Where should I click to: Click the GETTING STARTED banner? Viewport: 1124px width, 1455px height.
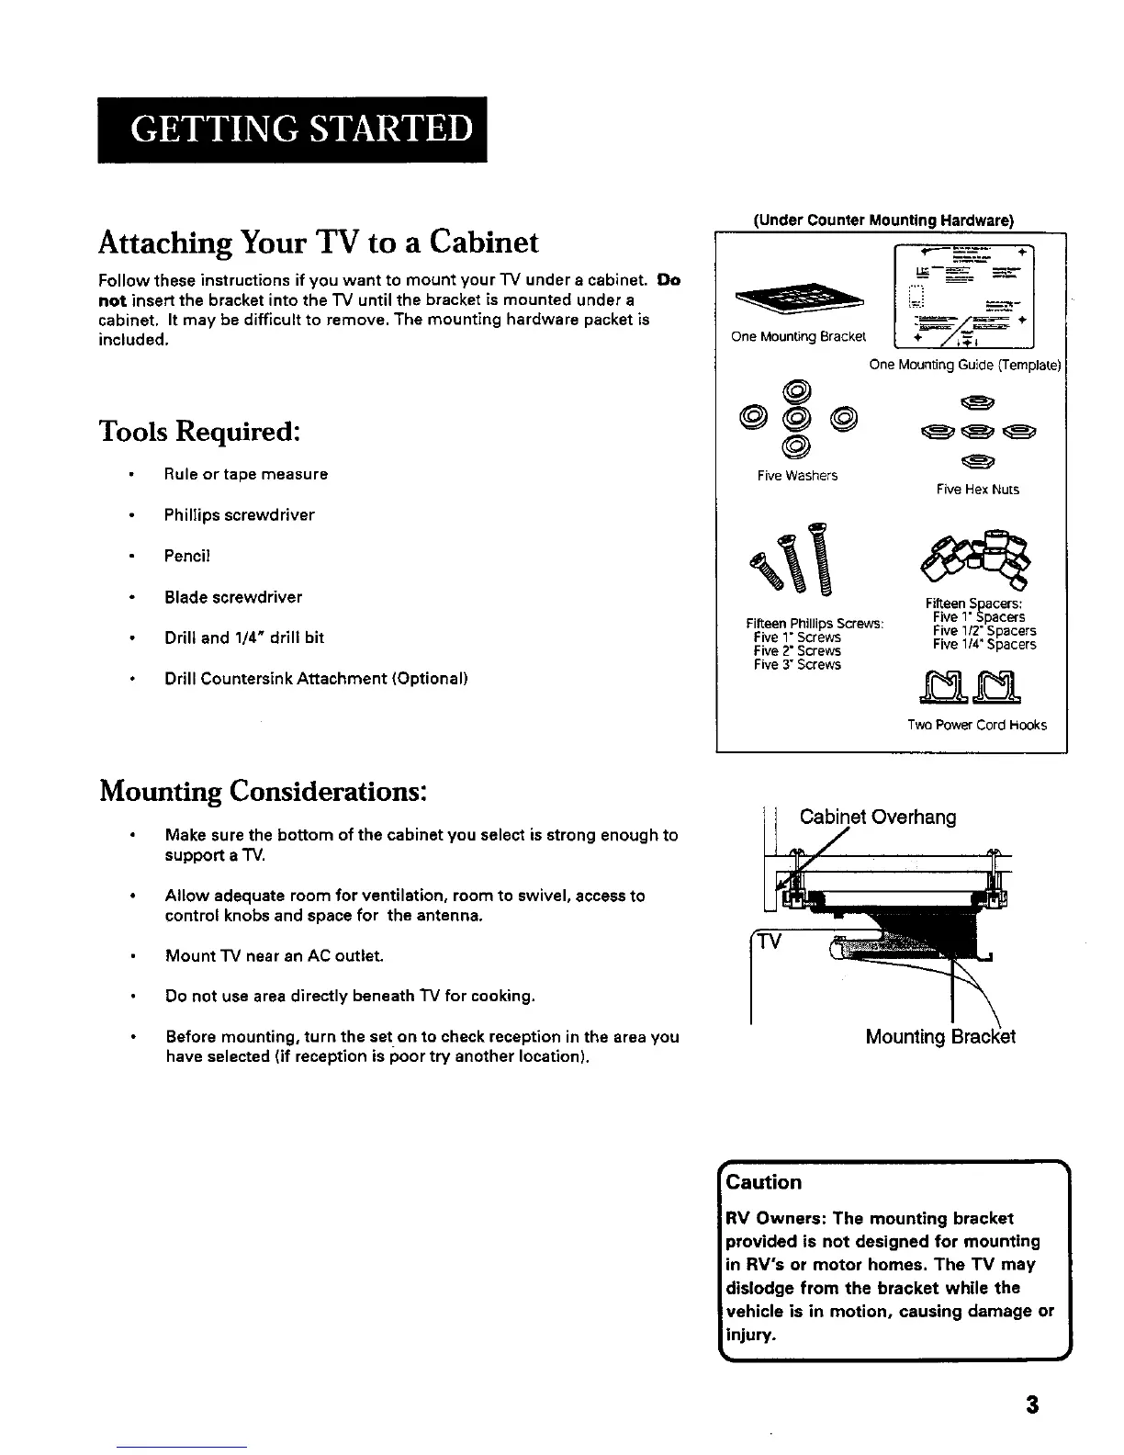click(292, 130)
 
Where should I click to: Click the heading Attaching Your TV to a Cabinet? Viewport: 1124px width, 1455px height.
click(319, 242)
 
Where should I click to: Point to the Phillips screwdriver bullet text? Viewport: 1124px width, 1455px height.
click(239, 515)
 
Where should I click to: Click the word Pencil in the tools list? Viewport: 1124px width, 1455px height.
click(188, 556)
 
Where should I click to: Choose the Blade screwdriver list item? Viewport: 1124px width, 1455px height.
click(233, 597)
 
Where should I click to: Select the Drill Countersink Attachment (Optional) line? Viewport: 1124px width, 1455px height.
click(316, 679)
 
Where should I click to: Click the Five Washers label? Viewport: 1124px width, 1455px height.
click(797, 476)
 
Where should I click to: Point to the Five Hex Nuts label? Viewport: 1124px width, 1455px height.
click(978, 490)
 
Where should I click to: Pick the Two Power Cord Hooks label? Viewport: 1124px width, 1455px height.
click(976, 725)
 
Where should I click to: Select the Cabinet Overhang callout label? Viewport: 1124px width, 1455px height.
click(878, 817)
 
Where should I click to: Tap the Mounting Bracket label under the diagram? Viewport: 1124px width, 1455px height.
click(940, 1037)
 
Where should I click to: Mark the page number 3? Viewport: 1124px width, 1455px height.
click(1033, 1405)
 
